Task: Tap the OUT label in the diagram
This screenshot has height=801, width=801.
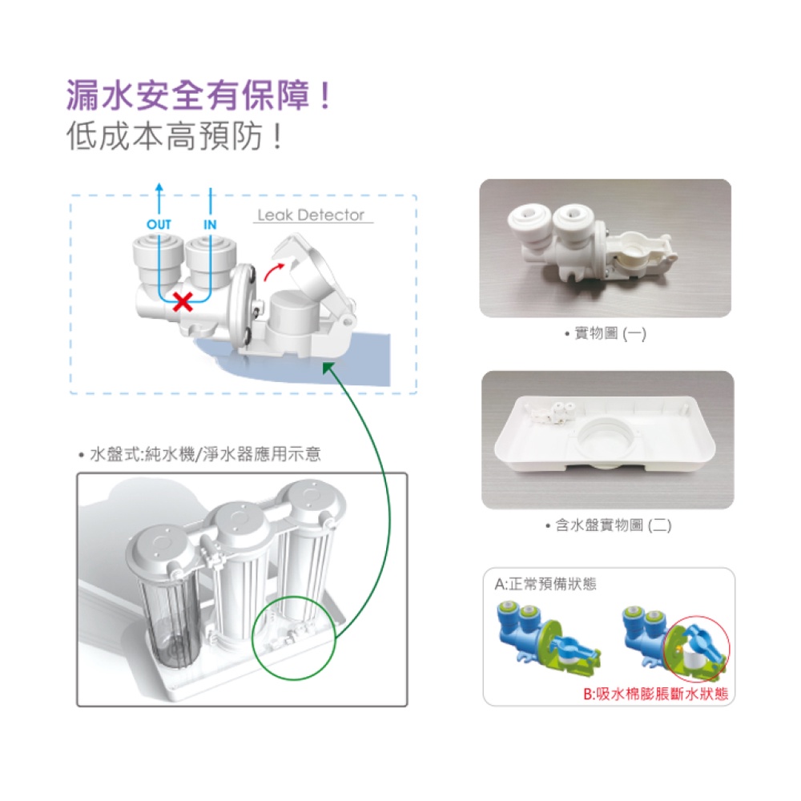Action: [x=159, y=225]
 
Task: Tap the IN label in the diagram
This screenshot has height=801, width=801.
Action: [x=210, y=225]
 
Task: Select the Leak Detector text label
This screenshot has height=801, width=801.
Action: [x=311, y=215]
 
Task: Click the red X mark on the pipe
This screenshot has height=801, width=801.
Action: [x=183, y=302]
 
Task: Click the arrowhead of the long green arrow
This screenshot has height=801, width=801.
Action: [x=328, y=367]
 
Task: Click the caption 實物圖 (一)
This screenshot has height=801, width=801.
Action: [x=605, y=333]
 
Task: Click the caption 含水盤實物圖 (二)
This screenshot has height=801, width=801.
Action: [x=607, y=525]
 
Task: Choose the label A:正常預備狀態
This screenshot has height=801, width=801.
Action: [x=545, y=585]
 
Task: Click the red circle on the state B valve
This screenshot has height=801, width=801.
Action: [x=695, y=648]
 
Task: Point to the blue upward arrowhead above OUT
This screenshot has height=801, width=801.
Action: [x=159, y=187]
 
